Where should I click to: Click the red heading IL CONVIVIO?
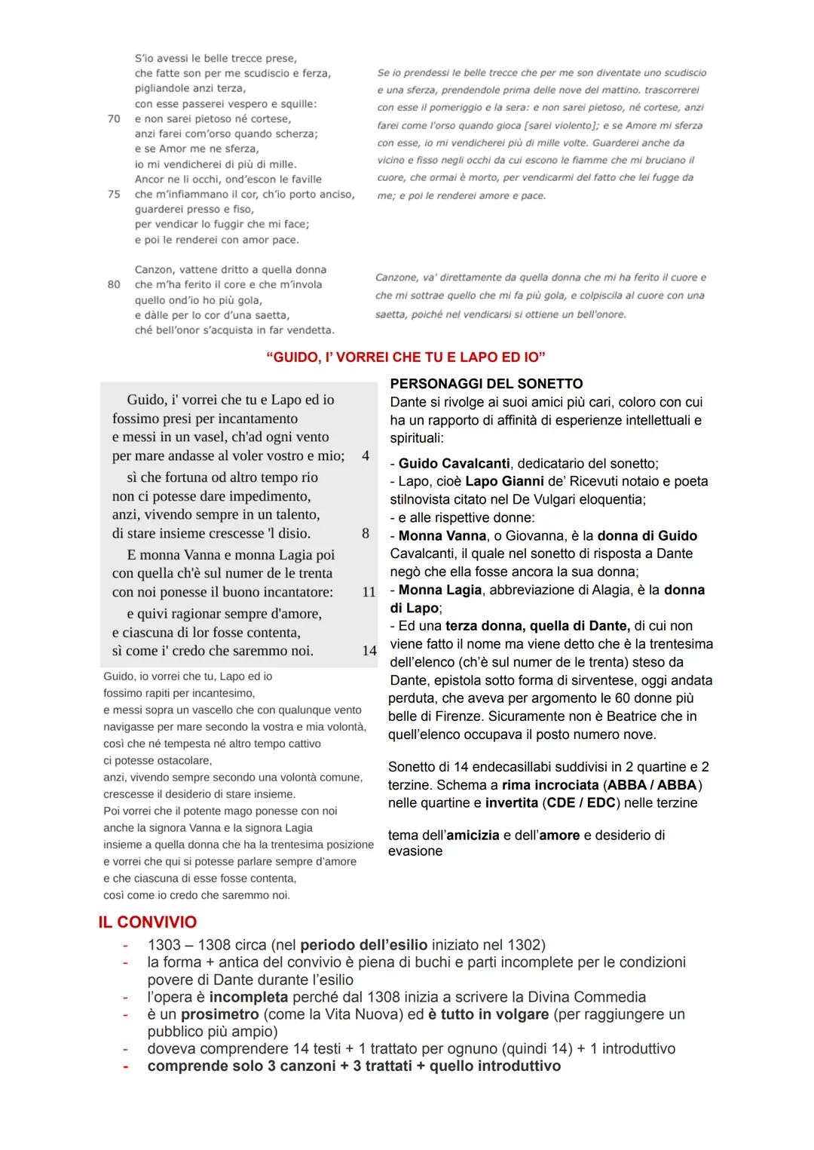click(x=147, y=922)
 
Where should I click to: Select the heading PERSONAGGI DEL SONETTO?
click(x=486, y=384)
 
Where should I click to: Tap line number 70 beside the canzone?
click(x=114, y=119)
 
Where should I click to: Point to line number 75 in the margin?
click(x=114, y=195)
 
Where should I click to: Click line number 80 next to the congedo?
click(x=114, y=285)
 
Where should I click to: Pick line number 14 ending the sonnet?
click(x=369, y=651)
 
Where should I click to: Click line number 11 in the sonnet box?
click(x=369, y=592)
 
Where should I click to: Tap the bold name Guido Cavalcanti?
click(x=454, y=463)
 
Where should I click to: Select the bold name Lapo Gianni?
click(x=504, y=481)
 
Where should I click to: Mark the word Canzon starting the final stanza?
click(x=155, y=270)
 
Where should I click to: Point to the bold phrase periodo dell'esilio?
click(x=363, y=945)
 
